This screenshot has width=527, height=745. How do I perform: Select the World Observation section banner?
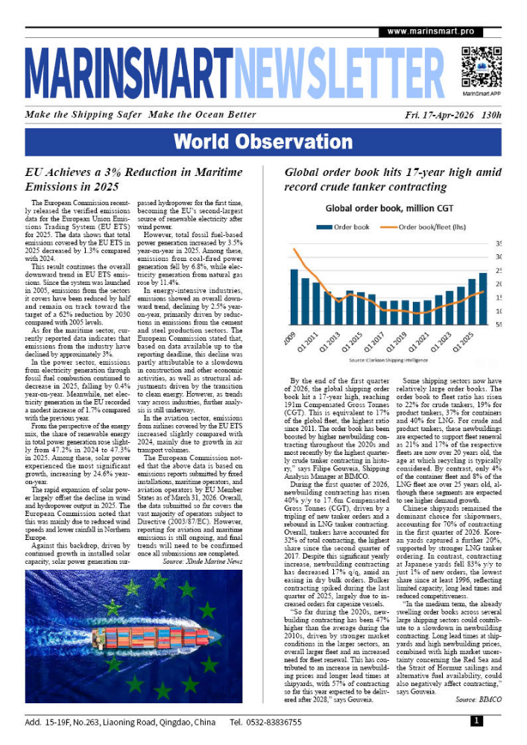pos(262,142)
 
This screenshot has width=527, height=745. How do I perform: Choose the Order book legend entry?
pos(342,226)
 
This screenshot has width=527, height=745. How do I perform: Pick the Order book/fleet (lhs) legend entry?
pos(435,226)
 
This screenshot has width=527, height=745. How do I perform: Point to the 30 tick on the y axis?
pos(498,257)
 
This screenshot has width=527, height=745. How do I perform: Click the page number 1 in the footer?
pos(476,722)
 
